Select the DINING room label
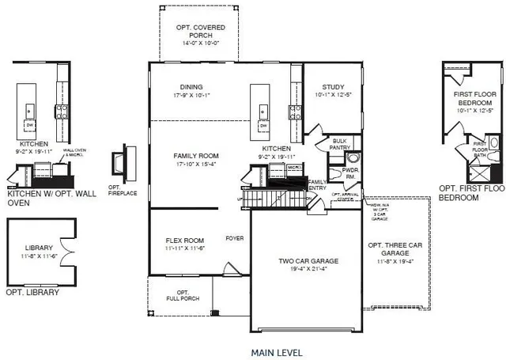(191, 87)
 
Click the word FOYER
(234, 237)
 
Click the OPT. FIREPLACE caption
(121, 190)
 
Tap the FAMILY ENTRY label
(317, 184)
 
